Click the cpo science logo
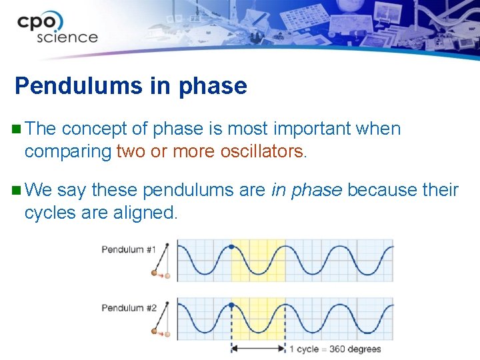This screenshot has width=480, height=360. [x=58, y=29]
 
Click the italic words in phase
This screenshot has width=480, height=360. [x=307, y=190]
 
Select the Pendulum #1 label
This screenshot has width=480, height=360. [x=128, y=249]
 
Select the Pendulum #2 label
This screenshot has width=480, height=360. [x=128, y=308]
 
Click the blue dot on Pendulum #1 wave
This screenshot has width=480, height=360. [x=231, y=247]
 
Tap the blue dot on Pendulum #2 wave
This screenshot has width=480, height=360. [x=231, y=305]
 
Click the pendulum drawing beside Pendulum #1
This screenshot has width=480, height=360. [x=162, y=261]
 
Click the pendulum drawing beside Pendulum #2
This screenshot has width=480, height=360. [x=162, y=320]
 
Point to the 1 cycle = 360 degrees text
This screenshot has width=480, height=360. [x=335, y=349]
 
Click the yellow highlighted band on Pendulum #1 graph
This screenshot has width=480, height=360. [x=258, y=260]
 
